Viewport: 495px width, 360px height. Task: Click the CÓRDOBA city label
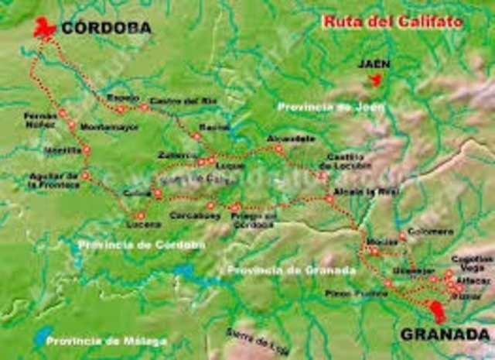pos(106,29)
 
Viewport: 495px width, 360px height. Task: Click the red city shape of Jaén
pos(376,79)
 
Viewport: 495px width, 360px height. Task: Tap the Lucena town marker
pos(139,216)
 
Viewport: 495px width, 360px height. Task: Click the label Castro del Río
pos(173,102)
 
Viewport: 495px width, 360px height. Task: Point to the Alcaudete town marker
pos(278,148)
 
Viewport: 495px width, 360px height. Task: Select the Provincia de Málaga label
pos(94,340)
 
